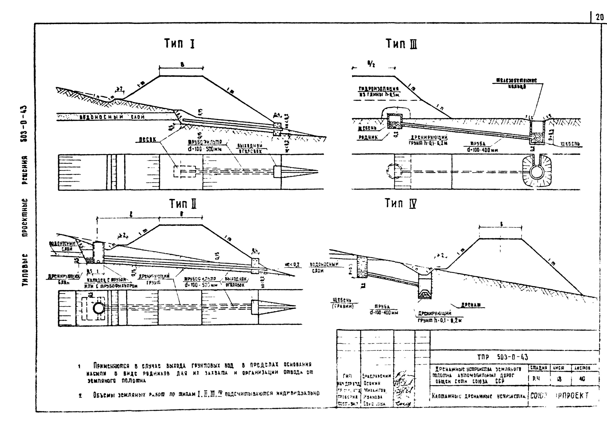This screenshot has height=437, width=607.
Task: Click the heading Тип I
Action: (x=179, y=43)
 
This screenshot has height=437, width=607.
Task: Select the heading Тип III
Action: (x=401, y=44)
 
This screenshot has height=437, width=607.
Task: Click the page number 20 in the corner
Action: (x=600, y=18)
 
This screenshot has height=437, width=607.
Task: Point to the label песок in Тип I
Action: (x=148, y=140)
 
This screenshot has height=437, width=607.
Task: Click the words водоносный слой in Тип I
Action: (x=112, y=117)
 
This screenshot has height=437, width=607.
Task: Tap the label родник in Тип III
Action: (x=368, y=137)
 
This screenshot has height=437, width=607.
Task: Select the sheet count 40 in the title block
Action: (x=582, y=379)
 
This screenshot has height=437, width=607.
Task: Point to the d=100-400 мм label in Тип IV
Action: (x=384, y=313)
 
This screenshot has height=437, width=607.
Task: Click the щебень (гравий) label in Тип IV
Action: (x=343, y=303)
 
